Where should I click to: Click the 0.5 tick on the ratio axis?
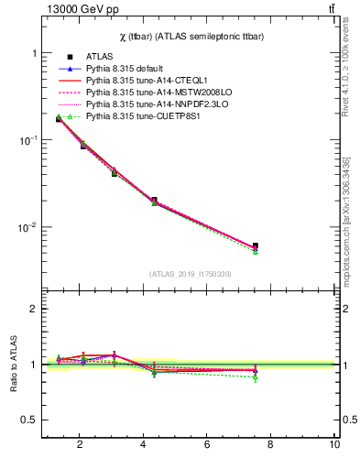27,420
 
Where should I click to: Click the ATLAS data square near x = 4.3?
154,200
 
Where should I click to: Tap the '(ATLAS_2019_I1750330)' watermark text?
190,274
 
